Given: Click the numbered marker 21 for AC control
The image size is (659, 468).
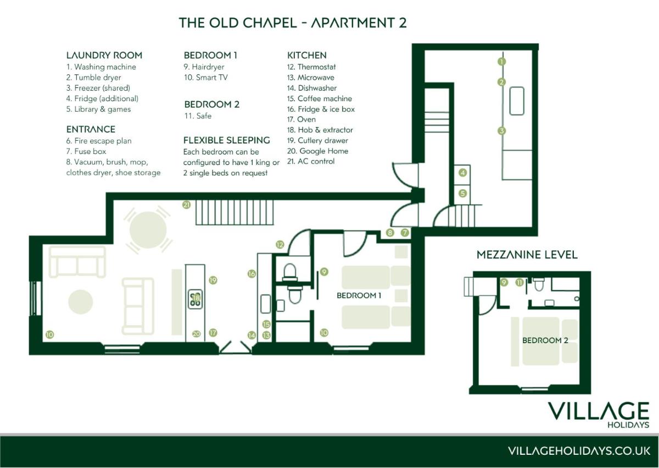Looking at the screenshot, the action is coord(187,205).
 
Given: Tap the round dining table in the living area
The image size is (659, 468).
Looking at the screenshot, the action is coord(148,230).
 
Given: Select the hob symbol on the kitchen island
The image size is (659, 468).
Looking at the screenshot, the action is coord(196,299).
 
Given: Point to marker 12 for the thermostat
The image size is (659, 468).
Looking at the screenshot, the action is coord(280,245).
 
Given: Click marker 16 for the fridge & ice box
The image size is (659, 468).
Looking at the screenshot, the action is coord(252,274).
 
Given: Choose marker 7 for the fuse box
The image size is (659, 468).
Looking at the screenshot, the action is coord(405,233).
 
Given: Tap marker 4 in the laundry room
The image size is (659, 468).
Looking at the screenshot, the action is coord(463,173).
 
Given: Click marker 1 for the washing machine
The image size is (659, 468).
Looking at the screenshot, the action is coord(501,62).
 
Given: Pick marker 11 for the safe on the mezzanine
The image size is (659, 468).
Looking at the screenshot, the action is coord(520,283).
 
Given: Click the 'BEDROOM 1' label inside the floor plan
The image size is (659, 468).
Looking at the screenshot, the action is coord(359,295).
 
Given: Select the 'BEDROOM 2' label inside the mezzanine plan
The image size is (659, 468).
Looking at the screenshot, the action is coord(545,340).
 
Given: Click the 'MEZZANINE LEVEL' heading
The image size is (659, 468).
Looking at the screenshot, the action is coord(527,255).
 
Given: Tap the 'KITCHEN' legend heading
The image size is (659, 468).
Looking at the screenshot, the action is coord(307,56).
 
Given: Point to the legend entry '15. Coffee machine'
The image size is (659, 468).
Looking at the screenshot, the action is coord(320,98).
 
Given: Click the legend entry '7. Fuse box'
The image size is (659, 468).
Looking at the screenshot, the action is coord(86,151).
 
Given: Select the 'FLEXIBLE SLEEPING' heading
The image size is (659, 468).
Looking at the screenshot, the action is coord(226,140).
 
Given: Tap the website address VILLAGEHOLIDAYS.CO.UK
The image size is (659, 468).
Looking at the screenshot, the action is coord(579,451).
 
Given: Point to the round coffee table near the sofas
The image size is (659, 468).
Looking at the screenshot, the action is coord(81,302).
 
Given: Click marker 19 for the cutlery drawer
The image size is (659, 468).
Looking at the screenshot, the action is coord(213,280).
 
